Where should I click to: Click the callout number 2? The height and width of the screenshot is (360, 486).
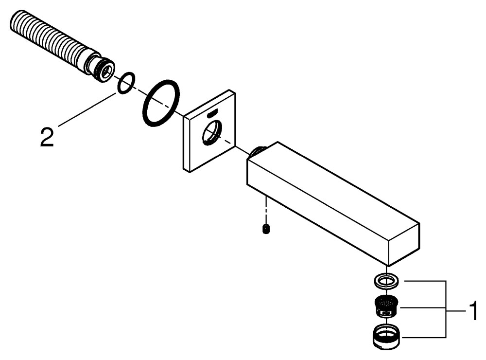point(47,138)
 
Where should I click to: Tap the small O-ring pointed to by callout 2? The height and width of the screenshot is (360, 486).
point(126,83)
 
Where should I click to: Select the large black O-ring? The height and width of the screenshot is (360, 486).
point(161,103)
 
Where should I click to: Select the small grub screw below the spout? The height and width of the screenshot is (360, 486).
point(265,228)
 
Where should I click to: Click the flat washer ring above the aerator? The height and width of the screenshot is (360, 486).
point(387,280)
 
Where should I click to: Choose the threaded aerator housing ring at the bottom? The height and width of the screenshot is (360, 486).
point(387,335)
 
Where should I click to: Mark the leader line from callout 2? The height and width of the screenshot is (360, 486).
point(85,109)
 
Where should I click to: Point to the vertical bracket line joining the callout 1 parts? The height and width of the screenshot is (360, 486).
point(446,309)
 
